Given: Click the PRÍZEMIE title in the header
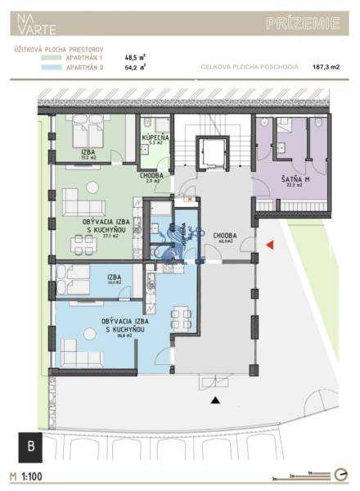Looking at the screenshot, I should click(x=302, y=24).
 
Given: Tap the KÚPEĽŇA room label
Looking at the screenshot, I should click(x=155, y=139).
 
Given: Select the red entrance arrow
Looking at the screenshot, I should click(x=269, y=245).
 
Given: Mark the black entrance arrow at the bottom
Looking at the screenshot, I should click(x=215, y=400).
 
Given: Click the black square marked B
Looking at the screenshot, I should click(x=31, y=446).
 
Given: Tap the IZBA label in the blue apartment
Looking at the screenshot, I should click(x=114, y=278).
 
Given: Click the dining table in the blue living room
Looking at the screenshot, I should click(x=182, y=317).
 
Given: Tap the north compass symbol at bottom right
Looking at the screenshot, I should click(x=340, y=474).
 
